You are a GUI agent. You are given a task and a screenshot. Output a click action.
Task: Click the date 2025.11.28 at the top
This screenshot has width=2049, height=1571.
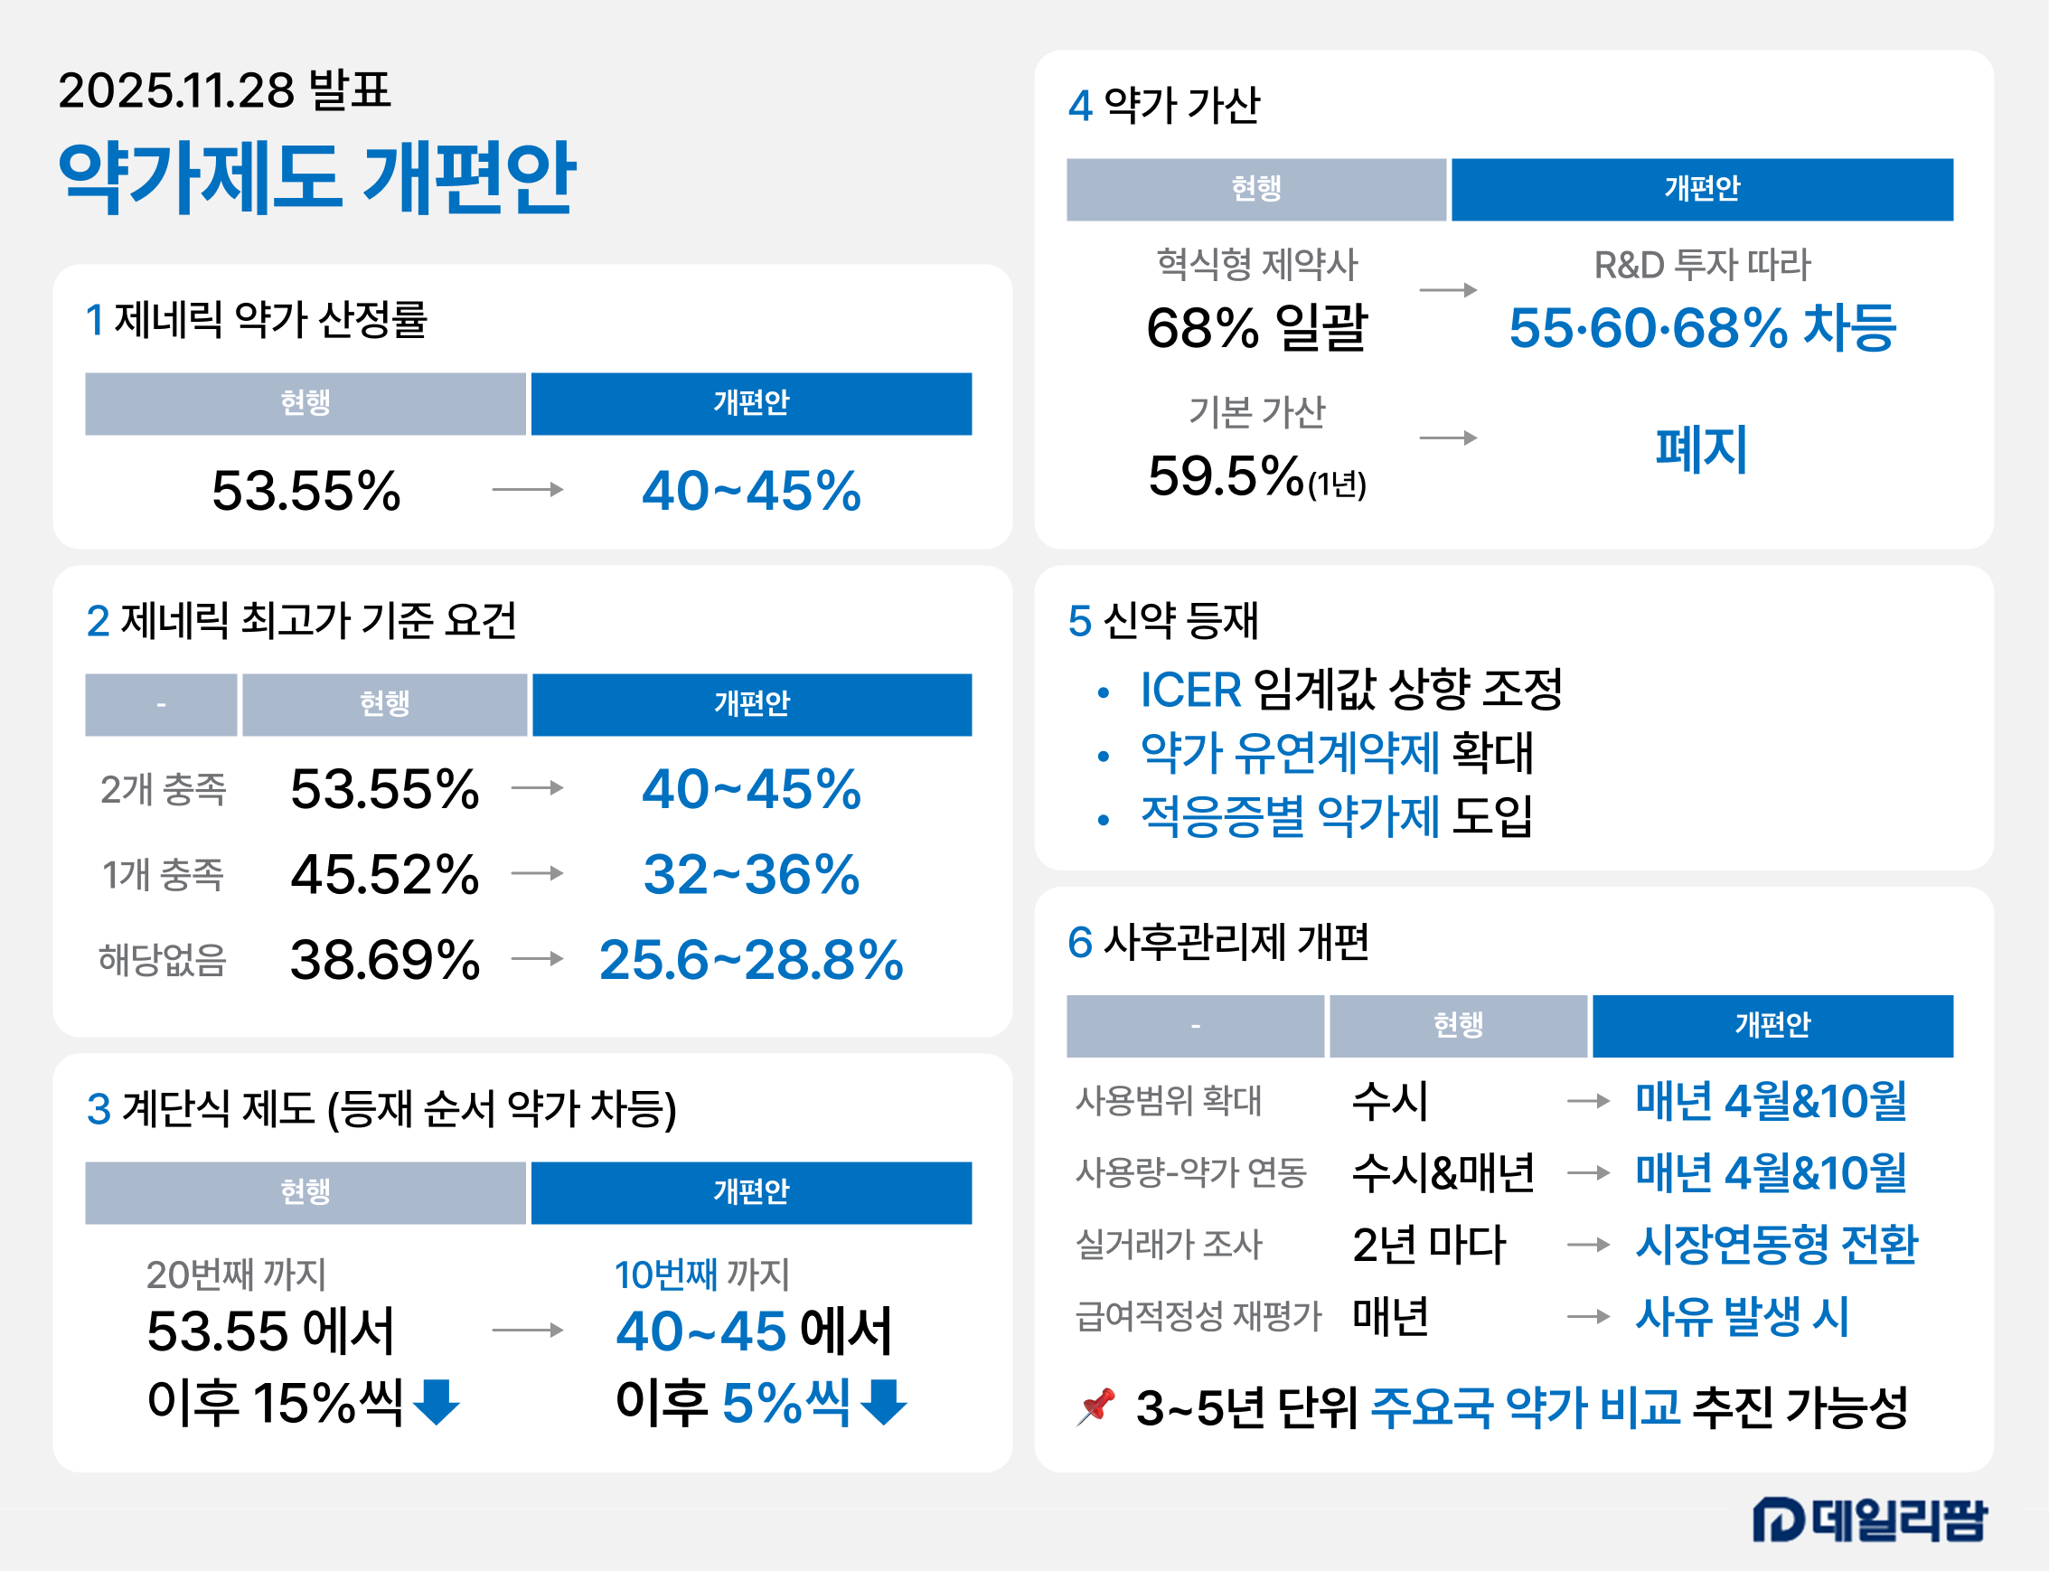click(176, 90)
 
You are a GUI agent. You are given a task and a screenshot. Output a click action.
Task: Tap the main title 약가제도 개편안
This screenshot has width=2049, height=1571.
click(317, 178)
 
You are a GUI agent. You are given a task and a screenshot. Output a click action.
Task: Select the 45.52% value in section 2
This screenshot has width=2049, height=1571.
click(384, 874)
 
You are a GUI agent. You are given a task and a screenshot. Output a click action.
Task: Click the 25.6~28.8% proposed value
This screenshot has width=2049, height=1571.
click(751, 960)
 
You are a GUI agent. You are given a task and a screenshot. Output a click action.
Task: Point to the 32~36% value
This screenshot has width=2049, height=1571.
click(751, 874)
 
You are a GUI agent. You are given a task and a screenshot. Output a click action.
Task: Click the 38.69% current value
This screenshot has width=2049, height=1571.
click(384, 960)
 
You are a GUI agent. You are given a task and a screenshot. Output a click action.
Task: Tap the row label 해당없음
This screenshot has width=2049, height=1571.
click(163, 960)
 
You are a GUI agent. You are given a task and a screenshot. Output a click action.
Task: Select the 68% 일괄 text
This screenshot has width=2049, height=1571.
click(1256, 328)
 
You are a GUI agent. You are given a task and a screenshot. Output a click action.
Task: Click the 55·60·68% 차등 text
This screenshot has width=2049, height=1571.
click(1701, 328)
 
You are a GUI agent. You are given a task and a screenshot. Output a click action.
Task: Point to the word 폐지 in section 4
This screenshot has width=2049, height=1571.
click(1701, 449)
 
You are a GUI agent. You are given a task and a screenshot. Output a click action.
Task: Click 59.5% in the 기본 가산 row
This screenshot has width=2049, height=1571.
click(1225, 476)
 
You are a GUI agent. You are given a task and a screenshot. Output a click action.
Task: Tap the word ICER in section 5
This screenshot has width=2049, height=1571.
click(1189, 690)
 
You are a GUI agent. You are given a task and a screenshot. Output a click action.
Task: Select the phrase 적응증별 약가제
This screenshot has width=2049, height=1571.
click(1290, 816)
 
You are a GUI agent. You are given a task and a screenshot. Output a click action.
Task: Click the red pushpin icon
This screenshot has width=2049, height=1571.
click(1096, 1406)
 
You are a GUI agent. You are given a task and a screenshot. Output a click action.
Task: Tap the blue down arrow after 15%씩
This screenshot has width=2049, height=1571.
click(436, 1402)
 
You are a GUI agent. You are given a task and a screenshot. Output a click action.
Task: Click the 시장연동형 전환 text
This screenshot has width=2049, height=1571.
click(1775, 1245)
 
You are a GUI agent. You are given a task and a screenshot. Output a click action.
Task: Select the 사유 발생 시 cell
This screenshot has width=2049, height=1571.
click(1742, 1317)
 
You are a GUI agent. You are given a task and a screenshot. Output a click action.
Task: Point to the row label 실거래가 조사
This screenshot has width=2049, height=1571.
click(1169, 1245)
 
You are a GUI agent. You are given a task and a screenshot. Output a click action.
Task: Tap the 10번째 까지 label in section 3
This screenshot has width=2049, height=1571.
click(701, 1275)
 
